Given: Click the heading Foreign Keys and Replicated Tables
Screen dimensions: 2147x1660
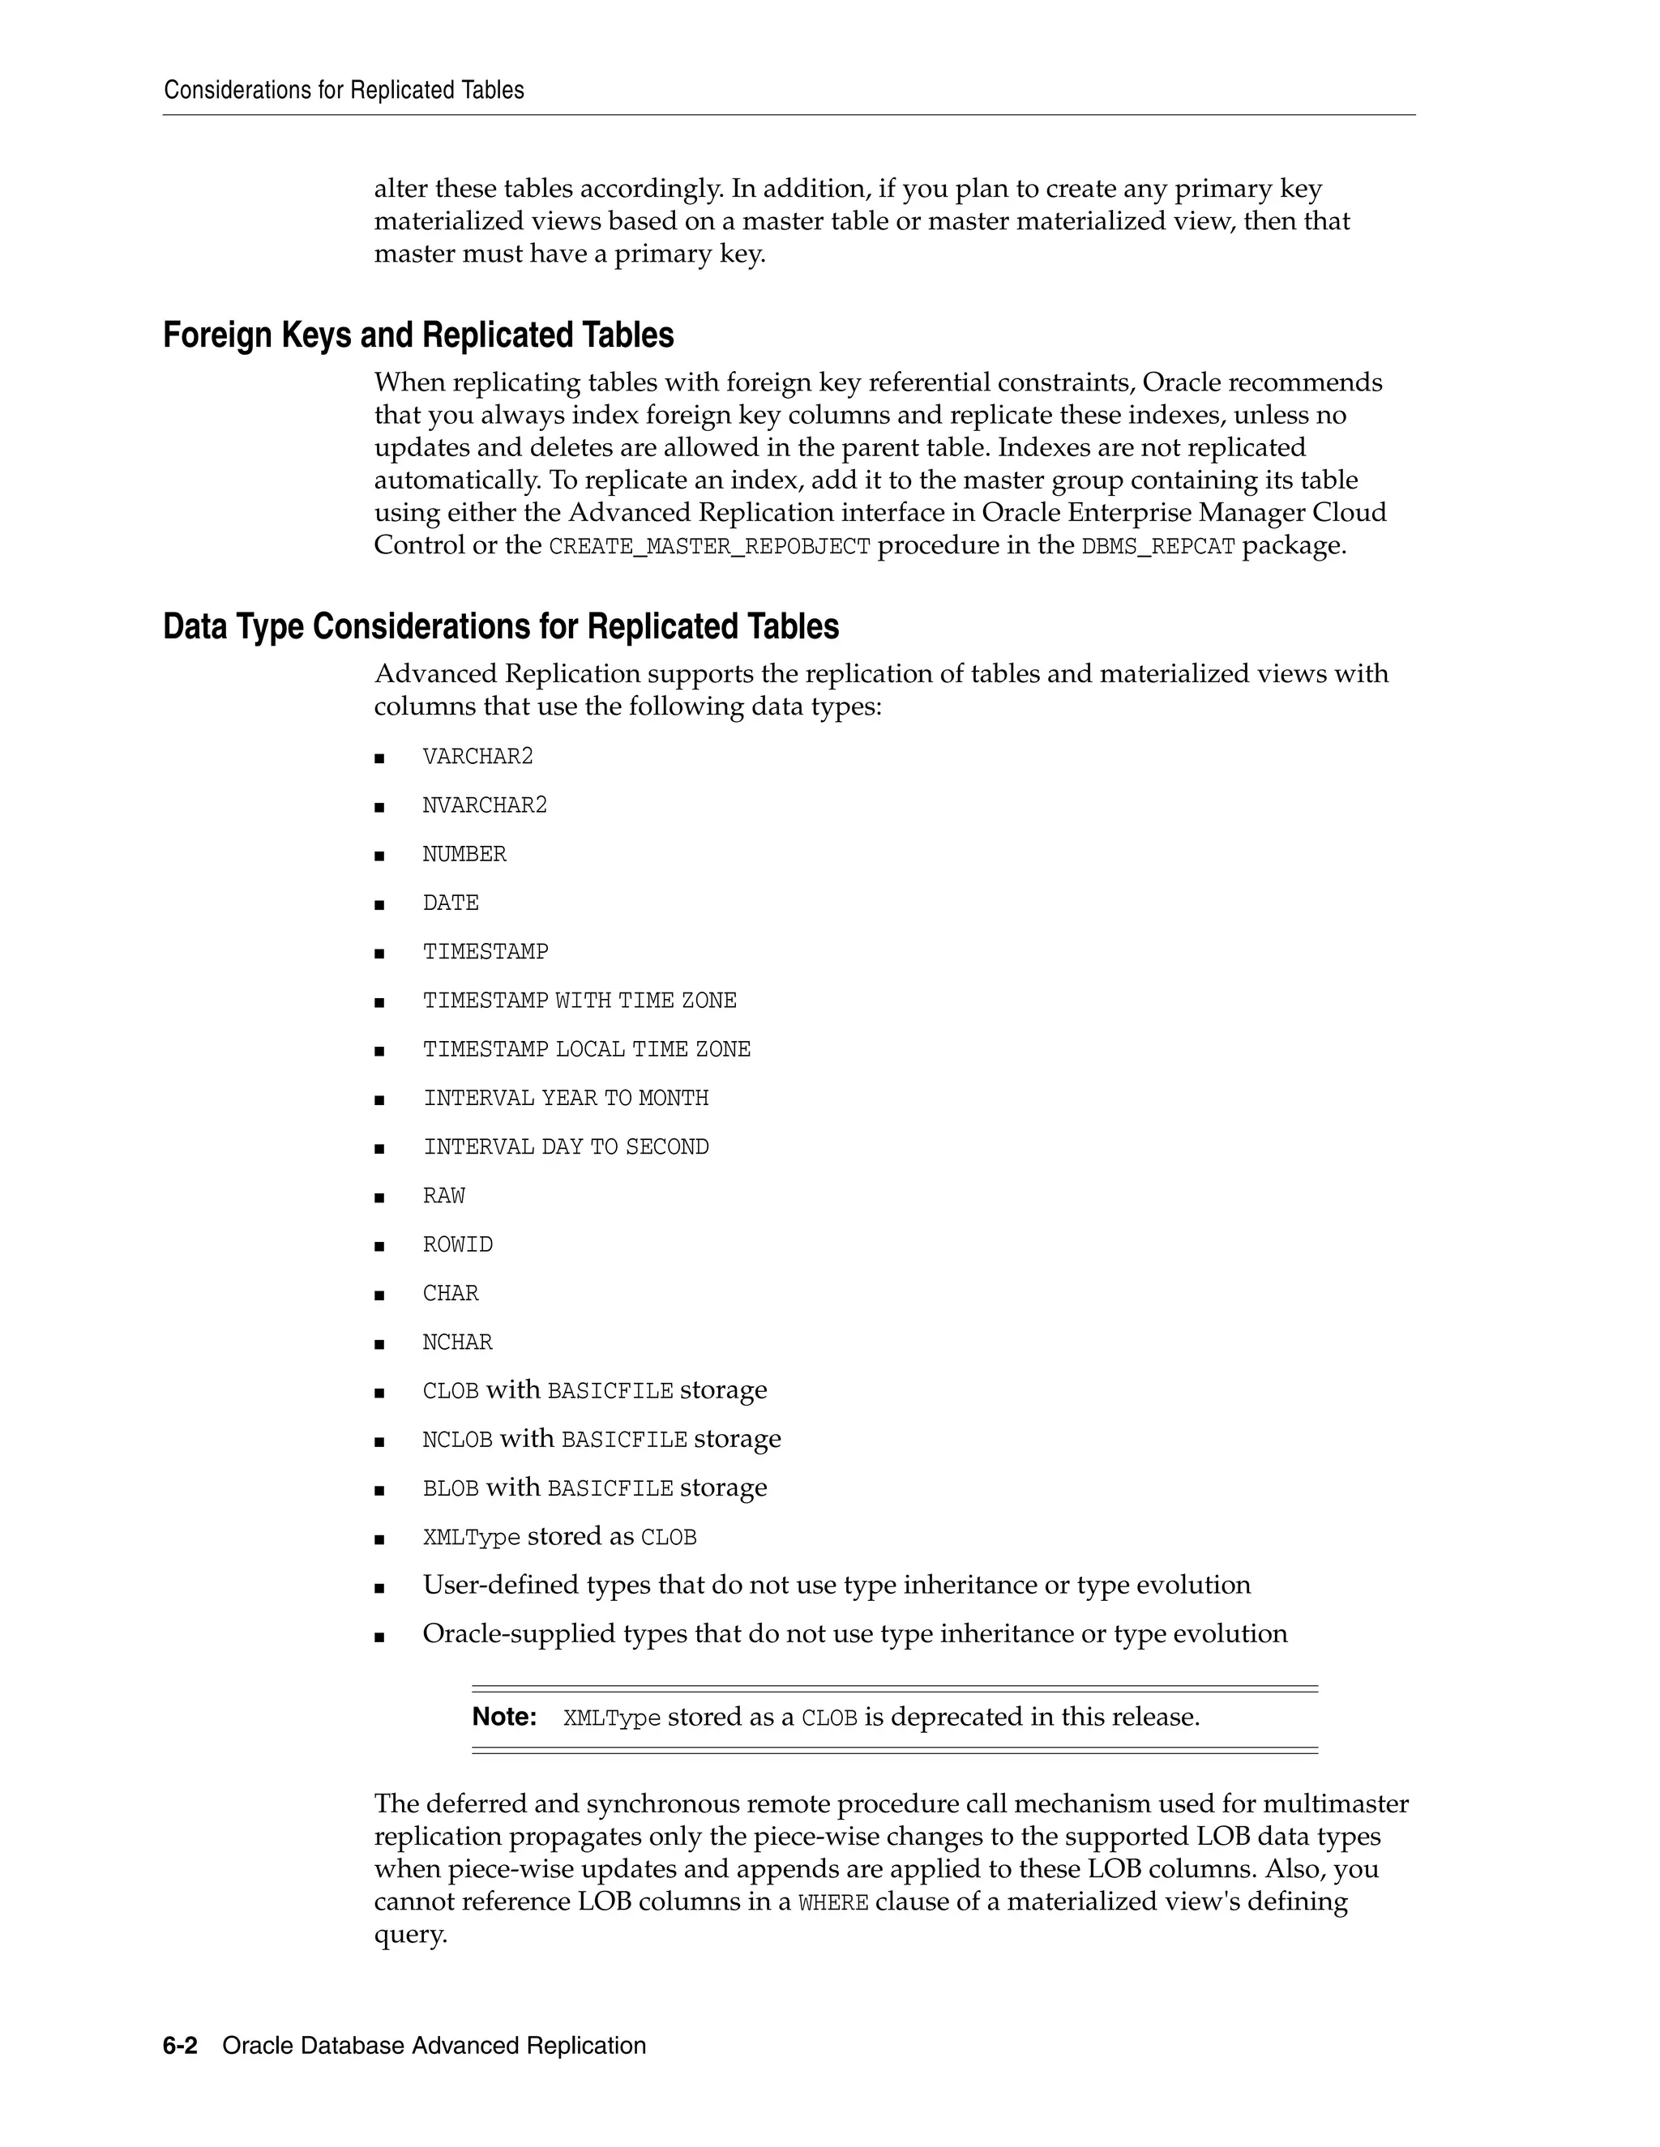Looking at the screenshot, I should tap(418, 335).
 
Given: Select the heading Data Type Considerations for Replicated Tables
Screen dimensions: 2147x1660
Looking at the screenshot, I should tap(501, 626).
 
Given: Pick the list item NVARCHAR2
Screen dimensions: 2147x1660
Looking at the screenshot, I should tap(484, 806).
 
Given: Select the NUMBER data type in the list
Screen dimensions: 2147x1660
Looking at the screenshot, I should tap(464, 854).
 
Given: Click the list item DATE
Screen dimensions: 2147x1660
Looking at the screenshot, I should tap(451, 903).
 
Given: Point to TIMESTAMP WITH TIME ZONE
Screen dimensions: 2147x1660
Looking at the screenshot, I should tap(580, 1001).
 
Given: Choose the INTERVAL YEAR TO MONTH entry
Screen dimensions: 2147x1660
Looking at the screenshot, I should tap(566, 1098).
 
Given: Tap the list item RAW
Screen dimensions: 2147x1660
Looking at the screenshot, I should tap(443, 1197).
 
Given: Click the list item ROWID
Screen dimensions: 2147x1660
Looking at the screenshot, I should tap(457, 1244).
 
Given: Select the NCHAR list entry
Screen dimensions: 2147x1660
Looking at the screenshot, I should tap(457, 1342).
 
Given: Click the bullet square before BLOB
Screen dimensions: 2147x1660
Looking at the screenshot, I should tap(379, 1490).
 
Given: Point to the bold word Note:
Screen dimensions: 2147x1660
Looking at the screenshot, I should tap(503, 1718).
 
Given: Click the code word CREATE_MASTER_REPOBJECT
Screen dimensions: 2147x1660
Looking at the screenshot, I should tap(709, 547).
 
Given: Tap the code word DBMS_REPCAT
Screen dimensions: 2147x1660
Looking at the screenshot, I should tap(1157, 547).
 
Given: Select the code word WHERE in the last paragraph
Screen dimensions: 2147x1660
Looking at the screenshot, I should tap(833, 1903).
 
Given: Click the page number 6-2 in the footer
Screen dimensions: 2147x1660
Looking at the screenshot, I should tap(180, 2046).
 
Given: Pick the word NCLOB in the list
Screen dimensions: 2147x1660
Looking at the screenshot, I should tap(457, 1441).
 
